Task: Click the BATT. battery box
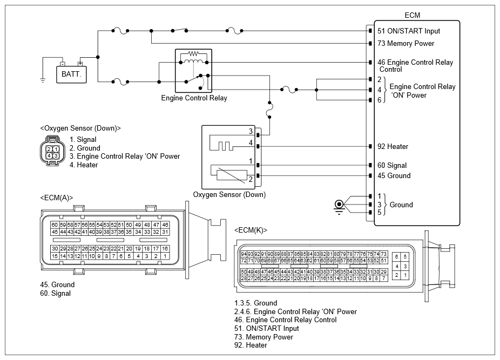tap(71, 74)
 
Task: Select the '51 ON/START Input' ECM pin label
tap(409, 31)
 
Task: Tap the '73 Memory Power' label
tap(406, 43)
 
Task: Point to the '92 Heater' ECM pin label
tap(393, 146)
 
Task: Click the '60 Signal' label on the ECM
tap(392, 165)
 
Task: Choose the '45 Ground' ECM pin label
tap(394, 175)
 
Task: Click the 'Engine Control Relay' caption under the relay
tap(194, 98)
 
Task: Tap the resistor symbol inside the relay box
tap(193, 53)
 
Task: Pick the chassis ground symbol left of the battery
tap(43, 80)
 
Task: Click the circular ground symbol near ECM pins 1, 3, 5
tap(339, 205)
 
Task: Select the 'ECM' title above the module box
tap(413, 15)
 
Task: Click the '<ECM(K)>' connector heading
tap(251, 230)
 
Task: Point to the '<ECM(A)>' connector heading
tap(57, 198)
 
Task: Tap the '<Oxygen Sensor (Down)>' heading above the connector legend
tap(80, 128)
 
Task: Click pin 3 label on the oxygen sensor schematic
tap(251, 131)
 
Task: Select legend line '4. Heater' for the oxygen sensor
tap(84, 165)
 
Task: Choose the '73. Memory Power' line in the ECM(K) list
tap(263, 337)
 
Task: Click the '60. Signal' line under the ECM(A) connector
tap(56, 294)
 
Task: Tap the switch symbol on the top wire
tap(179, 30)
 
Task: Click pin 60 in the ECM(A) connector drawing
tap(55, 225)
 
